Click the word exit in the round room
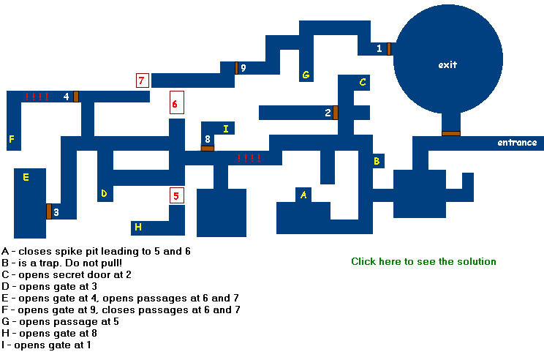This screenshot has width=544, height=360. pos(447,65)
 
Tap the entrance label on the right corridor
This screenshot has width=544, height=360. pos(517,143)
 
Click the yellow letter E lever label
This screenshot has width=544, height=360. pos(26,177)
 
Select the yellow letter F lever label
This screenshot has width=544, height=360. pos(12,138)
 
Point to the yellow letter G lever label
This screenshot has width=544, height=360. pos(306,75)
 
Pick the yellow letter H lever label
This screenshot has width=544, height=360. pos(138,228)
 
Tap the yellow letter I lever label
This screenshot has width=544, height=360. pos(226,129)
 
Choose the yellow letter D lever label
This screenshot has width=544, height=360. pos(104,194)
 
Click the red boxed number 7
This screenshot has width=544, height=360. pos(143,80)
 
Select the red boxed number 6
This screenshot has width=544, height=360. pos(175,104)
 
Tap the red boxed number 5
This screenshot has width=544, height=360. pos(175,195)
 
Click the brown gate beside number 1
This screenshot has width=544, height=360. pos(389,49)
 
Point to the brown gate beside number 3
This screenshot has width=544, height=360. pos(48,211)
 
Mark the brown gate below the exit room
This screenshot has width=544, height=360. pos(450,133)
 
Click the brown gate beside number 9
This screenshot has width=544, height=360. pos(236,68)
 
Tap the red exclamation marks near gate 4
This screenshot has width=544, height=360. pos(37,96)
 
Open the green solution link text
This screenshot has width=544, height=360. pos(423,261)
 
